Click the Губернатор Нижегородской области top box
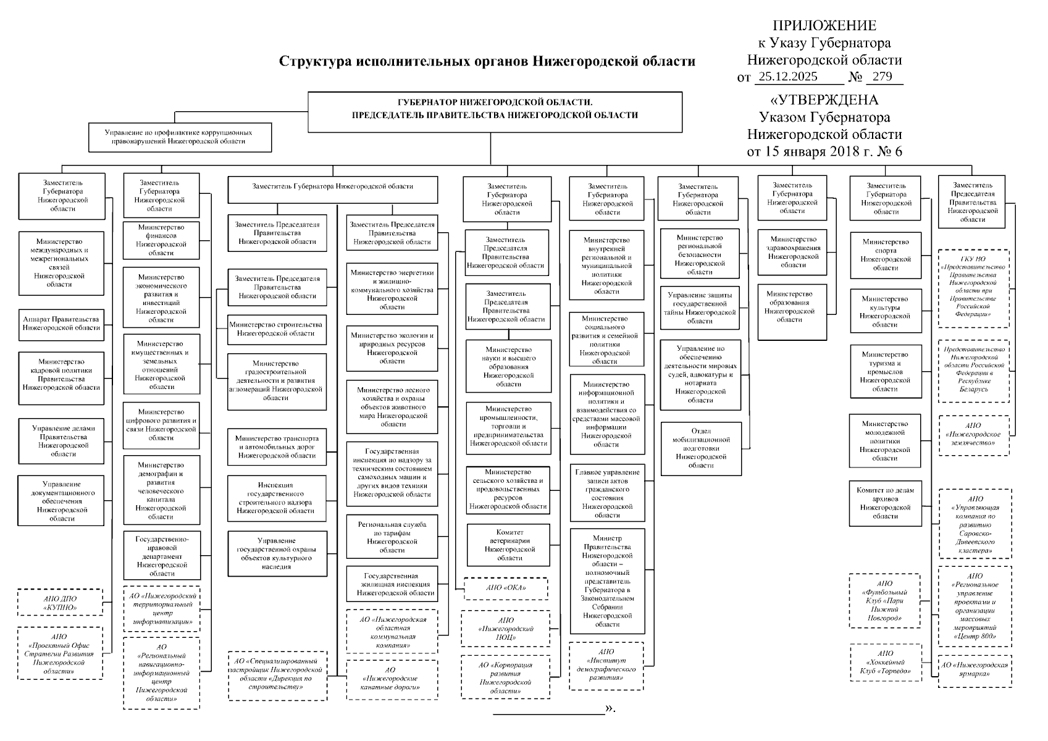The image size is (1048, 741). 495,112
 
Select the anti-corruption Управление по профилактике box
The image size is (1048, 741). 180,137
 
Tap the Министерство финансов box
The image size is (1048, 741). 161,240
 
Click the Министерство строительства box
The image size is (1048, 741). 277,329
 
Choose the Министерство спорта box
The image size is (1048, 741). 886,255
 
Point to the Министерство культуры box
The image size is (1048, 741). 886,312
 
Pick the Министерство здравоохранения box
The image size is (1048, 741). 792,252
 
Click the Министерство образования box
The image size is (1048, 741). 792,307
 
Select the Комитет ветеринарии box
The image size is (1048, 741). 509,545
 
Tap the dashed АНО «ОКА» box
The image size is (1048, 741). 505,588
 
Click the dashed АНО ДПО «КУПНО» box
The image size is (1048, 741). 61,603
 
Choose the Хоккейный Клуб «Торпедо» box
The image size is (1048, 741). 885,662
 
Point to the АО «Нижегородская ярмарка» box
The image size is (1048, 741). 975,670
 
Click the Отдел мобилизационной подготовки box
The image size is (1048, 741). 701,448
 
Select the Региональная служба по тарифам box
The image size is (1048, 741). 392,537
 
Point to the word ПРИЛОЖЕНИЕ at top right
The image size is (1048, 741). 824,26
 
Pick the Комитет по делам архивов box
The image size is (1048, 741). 886,503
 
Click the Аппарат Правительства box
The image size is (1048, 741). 61,324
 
